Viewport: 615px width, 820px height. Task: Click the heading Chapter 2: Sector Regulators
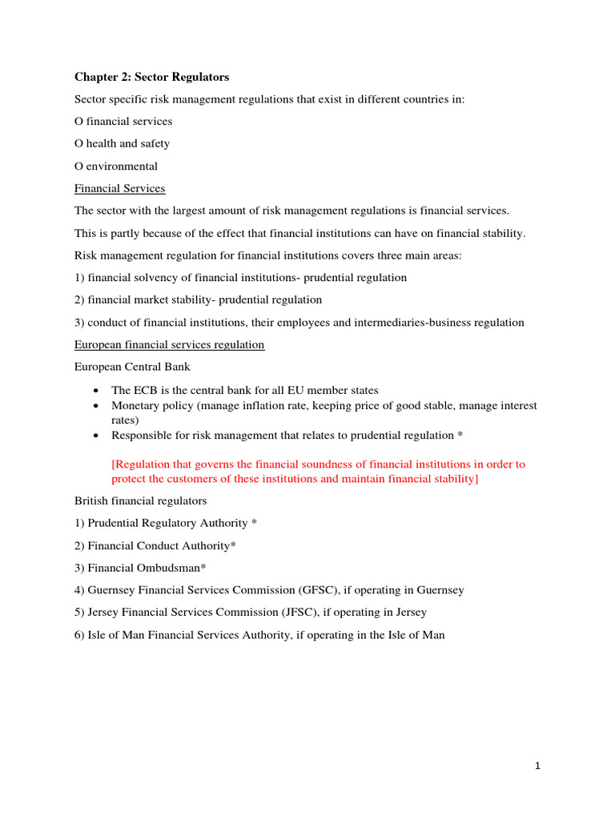click(151, 77)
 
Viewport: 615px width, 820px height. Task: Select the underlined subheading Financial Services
click(119, 188)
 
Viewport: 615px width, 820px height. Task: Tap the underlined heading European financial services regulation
click(169, 344)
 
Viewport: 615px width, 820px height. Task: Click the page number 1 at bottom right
click(538, 766)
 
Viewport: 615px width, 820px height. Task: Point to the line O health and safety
click(122, 143)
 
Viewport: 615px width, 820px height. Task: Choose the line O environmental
click(116, 166)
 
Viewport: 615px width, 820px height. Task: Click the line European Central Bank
click(132, 367)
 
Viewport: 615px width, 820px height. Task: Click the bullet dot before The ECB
click(96, 391)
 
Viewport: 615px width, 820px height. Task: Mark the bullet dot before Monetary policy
click(96, 406)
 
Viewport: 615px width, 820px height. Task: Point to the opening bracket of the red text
click(113, 464)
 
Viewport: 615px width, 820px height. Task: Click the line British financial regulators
click(140, 500)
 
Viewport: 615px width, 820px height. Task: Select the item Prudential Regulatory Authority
click(167, 522)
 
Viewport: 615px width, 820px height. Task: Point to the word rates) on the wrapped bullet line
click(125, 420)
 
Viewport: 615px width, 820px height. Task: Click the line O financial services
click(123, 121)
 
